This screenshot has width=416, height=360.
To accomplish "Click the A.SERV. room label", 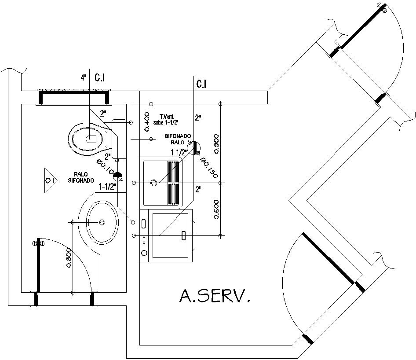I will coord(215,296).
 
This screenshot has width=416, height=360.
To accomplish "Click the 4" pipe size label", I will coord(84,78).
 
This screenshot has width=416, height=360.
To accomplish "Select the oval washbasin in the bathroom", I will coord(102,222).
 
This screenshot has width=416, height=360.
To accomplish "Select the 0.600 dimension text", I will coord(215,208).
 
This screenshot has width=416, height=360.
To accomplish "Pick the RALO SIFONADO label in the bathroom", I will coord(81,177).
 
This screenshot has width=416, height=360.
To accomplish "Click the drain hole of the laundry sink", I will coord(154,182).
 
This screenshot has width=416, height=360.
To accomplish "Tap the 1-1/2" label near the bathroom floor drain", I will coord(107,187).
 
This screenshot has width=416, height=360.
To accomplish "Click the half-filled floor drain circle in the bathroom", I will coord(117,176).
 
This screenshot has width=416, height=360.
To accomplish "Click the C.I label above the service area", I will coord(202,84).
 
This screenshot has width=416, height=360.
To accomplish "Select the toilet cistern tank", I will coord(119,139).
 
